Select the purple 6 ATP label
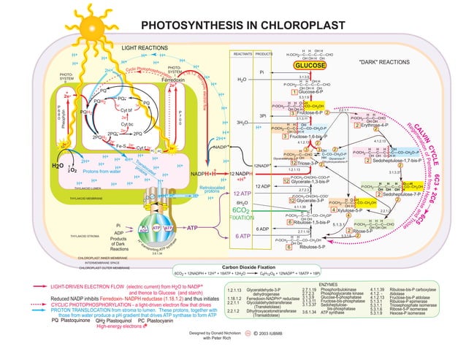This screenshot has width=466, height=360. pos(243,236)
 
